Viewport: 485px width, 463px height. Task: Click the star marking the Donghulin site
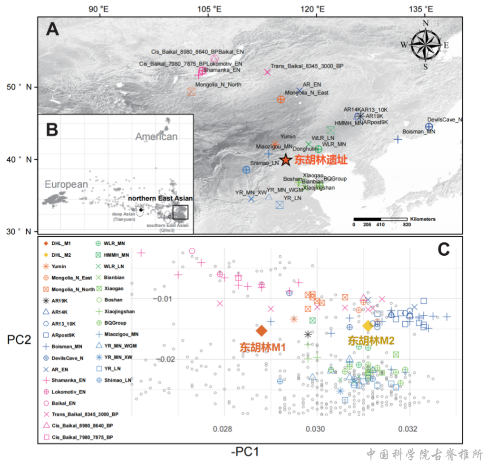click(x=285, y=160)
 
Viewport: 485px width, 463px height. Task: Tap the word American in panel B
click(x=156, y=137)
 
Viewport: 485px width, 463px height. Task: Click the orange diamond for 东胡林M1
click(x=261, y=330)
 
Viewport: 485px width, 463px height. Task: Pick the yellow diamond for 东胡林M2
click(x=368, y=326)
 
